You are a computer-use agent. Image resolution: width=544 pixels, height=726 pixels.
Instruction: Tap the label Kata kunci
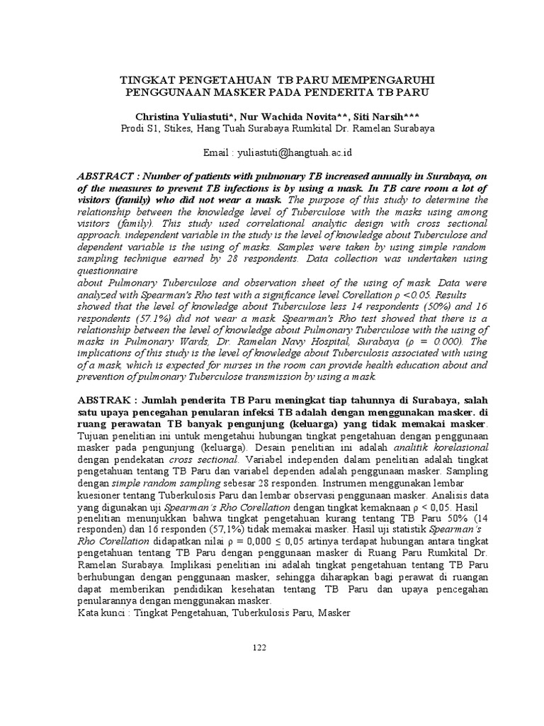pyautogui.click(x=101, y=611)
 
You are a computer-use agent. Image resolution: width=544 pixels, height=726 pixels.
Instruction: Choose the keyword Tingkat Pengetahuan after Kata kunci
pyautogui.click(x=180, y=611)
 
